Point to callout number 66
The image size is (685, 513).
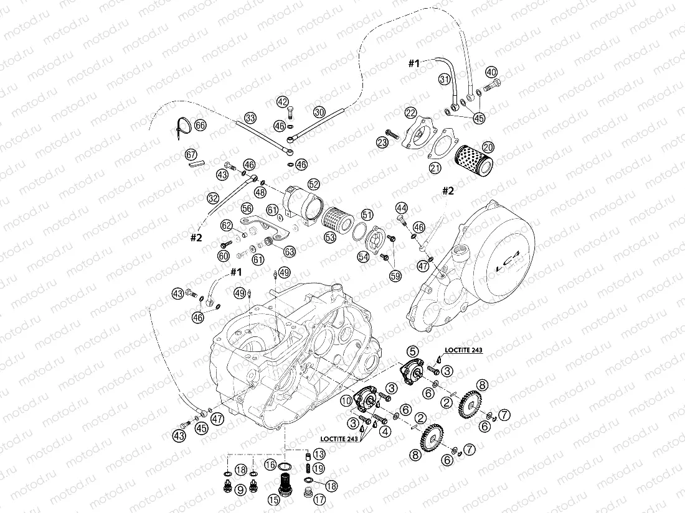pyautogui.click(x=200, y=125)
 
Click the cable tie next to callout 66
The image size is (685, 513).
pyautogui.click(x=181, y=129)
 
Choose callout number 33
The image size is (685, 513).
pyautogui.click(x=250, y=117)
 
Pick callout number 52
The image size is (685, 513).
pyautogui.click(x=313, y=184)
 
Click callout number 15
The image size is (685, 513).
pyautogui.click(x=275, y=499)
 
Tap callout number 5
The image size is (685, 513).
pyautogui.click(x=412, y=352)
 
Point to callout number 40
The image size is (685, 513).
pyautogui.click(x=491, y=72)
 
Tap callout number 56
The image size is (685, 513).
pyautogui.click(x=247, y=208)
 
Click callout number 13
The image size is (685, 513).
pyautogui.click(x=319, y=453)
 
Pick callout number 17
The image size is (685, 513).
pyautogui.click(x=319, y=498)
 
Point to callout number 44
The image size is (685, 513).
pyautogui.click(x=401, y=207)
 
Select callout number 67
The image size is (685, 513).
pyautogui.click(x=191, y=154)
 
